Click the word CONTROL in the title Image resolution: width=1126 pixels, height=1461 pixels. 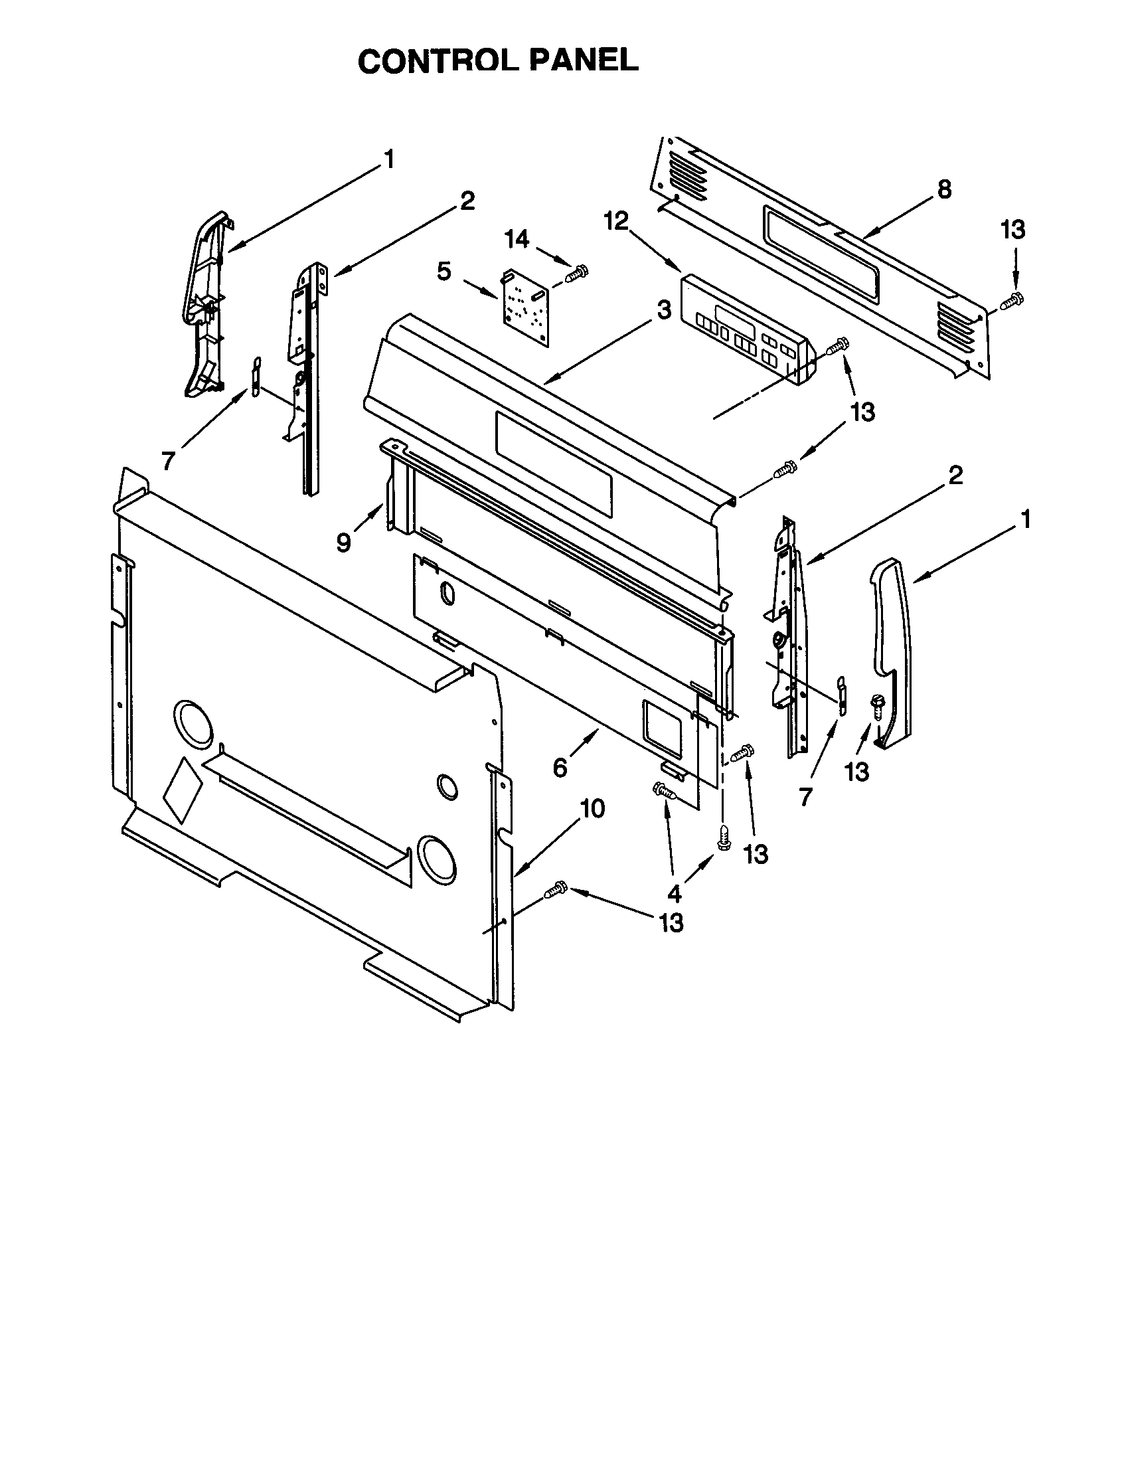(x=438, y=62)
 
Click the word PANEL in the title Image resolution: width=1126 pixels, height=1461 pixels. (x=584, y=62)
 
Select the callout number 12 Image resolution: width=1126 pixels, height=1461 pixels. (x=617, y=220)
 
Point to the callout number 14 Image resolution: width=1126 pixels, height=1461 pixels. (x=517, y=239)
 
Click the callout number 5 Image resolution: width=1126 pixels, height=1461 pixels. (x=444, y=272)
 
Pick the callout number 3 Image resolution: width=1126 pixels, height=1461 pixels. (x=663, y=309)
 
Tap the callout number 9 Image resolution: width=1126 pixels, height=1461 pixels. (x=343, y=543)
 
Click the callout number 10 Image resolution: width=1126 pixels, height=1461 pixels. (x=592, y=809)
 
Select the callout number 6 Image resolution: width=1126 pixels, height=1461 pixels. (x=560, y=768)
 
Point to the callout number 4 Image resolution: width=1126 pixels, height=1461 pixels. (x=674, y=893)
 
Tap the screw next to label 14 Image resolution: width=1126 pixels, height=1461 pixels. (x=576, y=273)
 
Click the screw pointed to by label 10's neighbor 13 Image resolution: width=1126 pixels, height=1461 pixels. (x=555, y=889)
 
